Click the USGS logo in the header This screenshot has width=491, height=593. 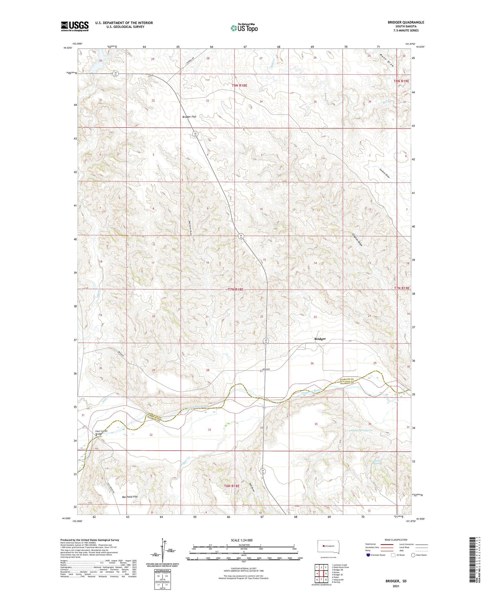click(x=75, y=26)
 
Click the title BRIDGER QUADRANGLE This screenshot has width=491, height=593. click(x=406, y=22)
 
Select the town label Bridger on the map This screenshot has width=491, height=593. click(x=320, y=339)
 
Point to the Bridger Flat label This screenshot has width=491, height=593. click(x=189, y=116)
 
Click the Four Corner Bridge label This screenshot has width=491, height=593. click(x=101, y=432)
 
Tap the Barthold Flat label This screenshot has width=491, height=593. click(x=130, y=497)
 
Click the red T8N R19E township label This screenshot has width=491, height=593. click(x=402, y=81)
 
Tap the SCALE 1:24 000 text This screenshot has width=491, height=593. click(x=241, y=540)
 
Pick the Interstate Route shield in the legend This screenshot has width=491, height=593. click(x=369, y=555)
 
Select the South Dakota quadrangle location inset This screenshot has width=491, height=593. click(x=328, y=546)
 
